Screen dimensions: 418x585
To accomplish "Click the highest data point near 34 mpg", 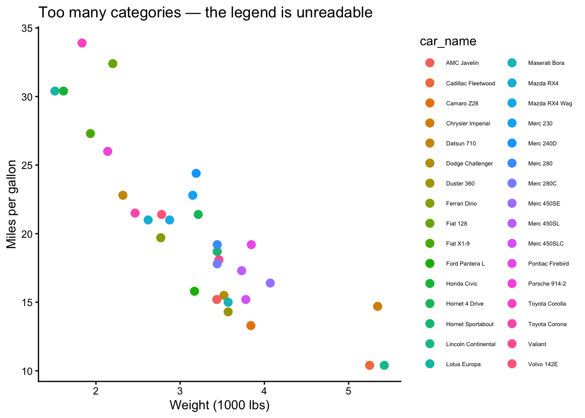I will tap(82, 43).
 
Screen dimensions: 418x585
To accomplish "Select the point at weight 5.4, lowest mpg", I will tap(384, 365).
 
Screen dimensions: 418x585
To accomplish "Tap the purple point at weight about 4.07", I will tap(270, 283).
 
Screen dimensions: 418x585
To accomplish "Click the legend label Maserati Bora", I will tap(546, 63).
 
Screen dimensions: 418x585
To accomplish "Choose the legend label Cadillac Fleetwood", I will tap(470, 83).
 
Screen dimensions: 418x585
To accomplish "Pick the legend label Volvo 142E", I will tap(542, 364).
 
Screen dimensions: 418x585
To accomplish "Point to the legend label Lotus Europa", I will tap(463, 364).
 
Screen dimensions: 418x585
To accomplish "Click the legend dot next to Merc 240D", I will tap(512, 143).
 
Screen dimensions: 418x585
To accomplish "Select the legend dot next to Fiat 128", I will tap(430, 223).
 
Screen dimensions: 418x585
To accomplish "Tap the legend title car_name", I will tap(447, 41).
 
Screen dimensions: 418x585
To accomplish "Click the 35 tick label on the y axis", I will tap(27, 28).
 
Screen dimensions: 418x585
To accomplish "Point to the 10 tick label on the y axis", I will tap(27, 371).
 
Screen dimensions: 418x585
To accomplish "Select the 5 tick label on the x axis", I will tap(348, 391).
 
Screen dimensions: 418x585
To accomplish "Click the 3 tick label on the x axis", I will tap(180, 391).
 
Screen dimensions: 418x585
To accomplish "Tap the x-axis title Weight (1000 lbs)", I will tap(219, 405).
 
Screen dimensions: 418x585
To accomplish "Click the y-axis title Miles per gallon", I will tap(12, 205).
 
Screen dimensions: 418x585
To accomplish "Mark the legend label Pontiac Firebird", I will tap(548, 263).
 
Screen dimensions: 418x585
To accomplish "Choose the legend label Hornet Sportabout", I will tap(470, 324).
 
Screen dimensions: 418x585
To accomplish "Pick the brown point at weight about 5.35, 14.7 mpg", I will tap(377, 307).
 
